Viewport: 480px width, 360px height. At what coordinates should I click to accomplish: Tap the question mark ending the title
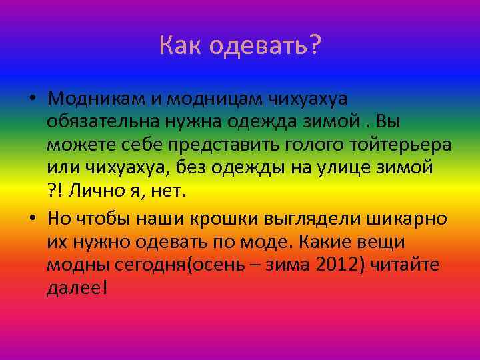click(314, 45)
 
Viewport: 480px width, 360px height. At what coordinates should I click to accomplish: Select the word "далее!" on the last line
click(77, 290)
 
